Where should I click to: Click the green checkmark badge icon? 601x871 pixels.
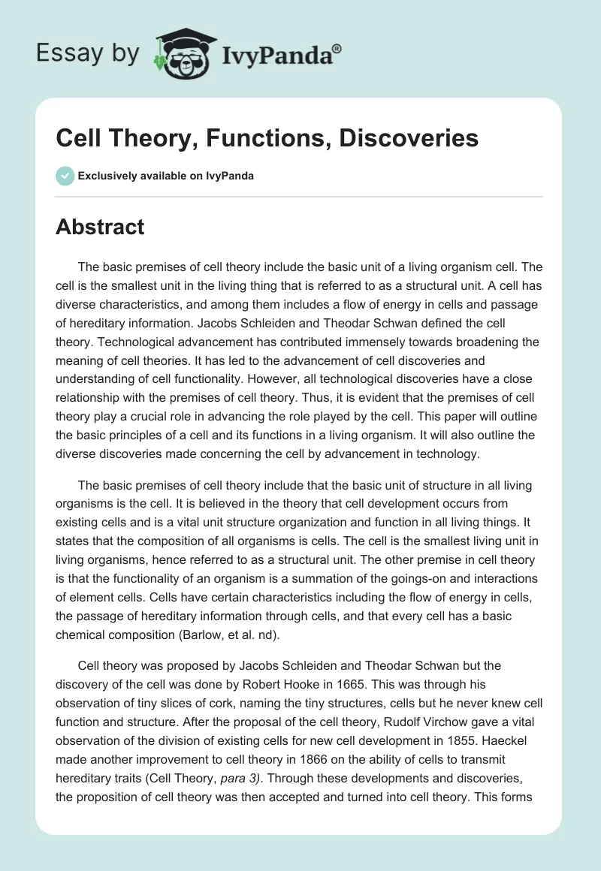pyautogui.click(x=65, y=176)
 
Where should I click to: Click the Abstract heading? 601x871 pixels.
pyautogui.click(x=100, y=227)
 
